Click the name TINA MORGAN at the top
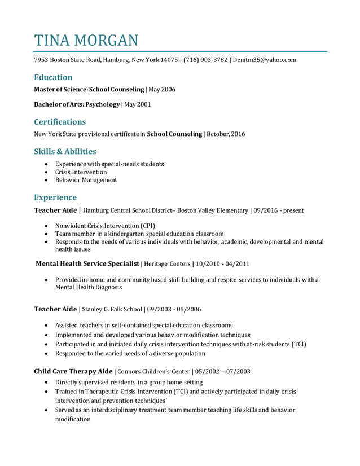[86, 40]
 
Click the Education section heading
[53, 77]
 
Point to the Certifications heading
[60, 122]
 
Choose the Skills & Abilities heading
[65, 151]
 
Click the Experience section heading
[55, 197]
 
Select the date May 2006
[162, 90]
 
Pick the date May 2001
[138, 104]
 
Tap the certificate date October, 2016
[226, 134]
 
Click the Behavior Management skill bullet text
[86, 180]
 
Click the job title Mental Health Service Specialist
[87, 263]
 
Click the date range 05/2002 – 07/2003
[223, 371]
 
